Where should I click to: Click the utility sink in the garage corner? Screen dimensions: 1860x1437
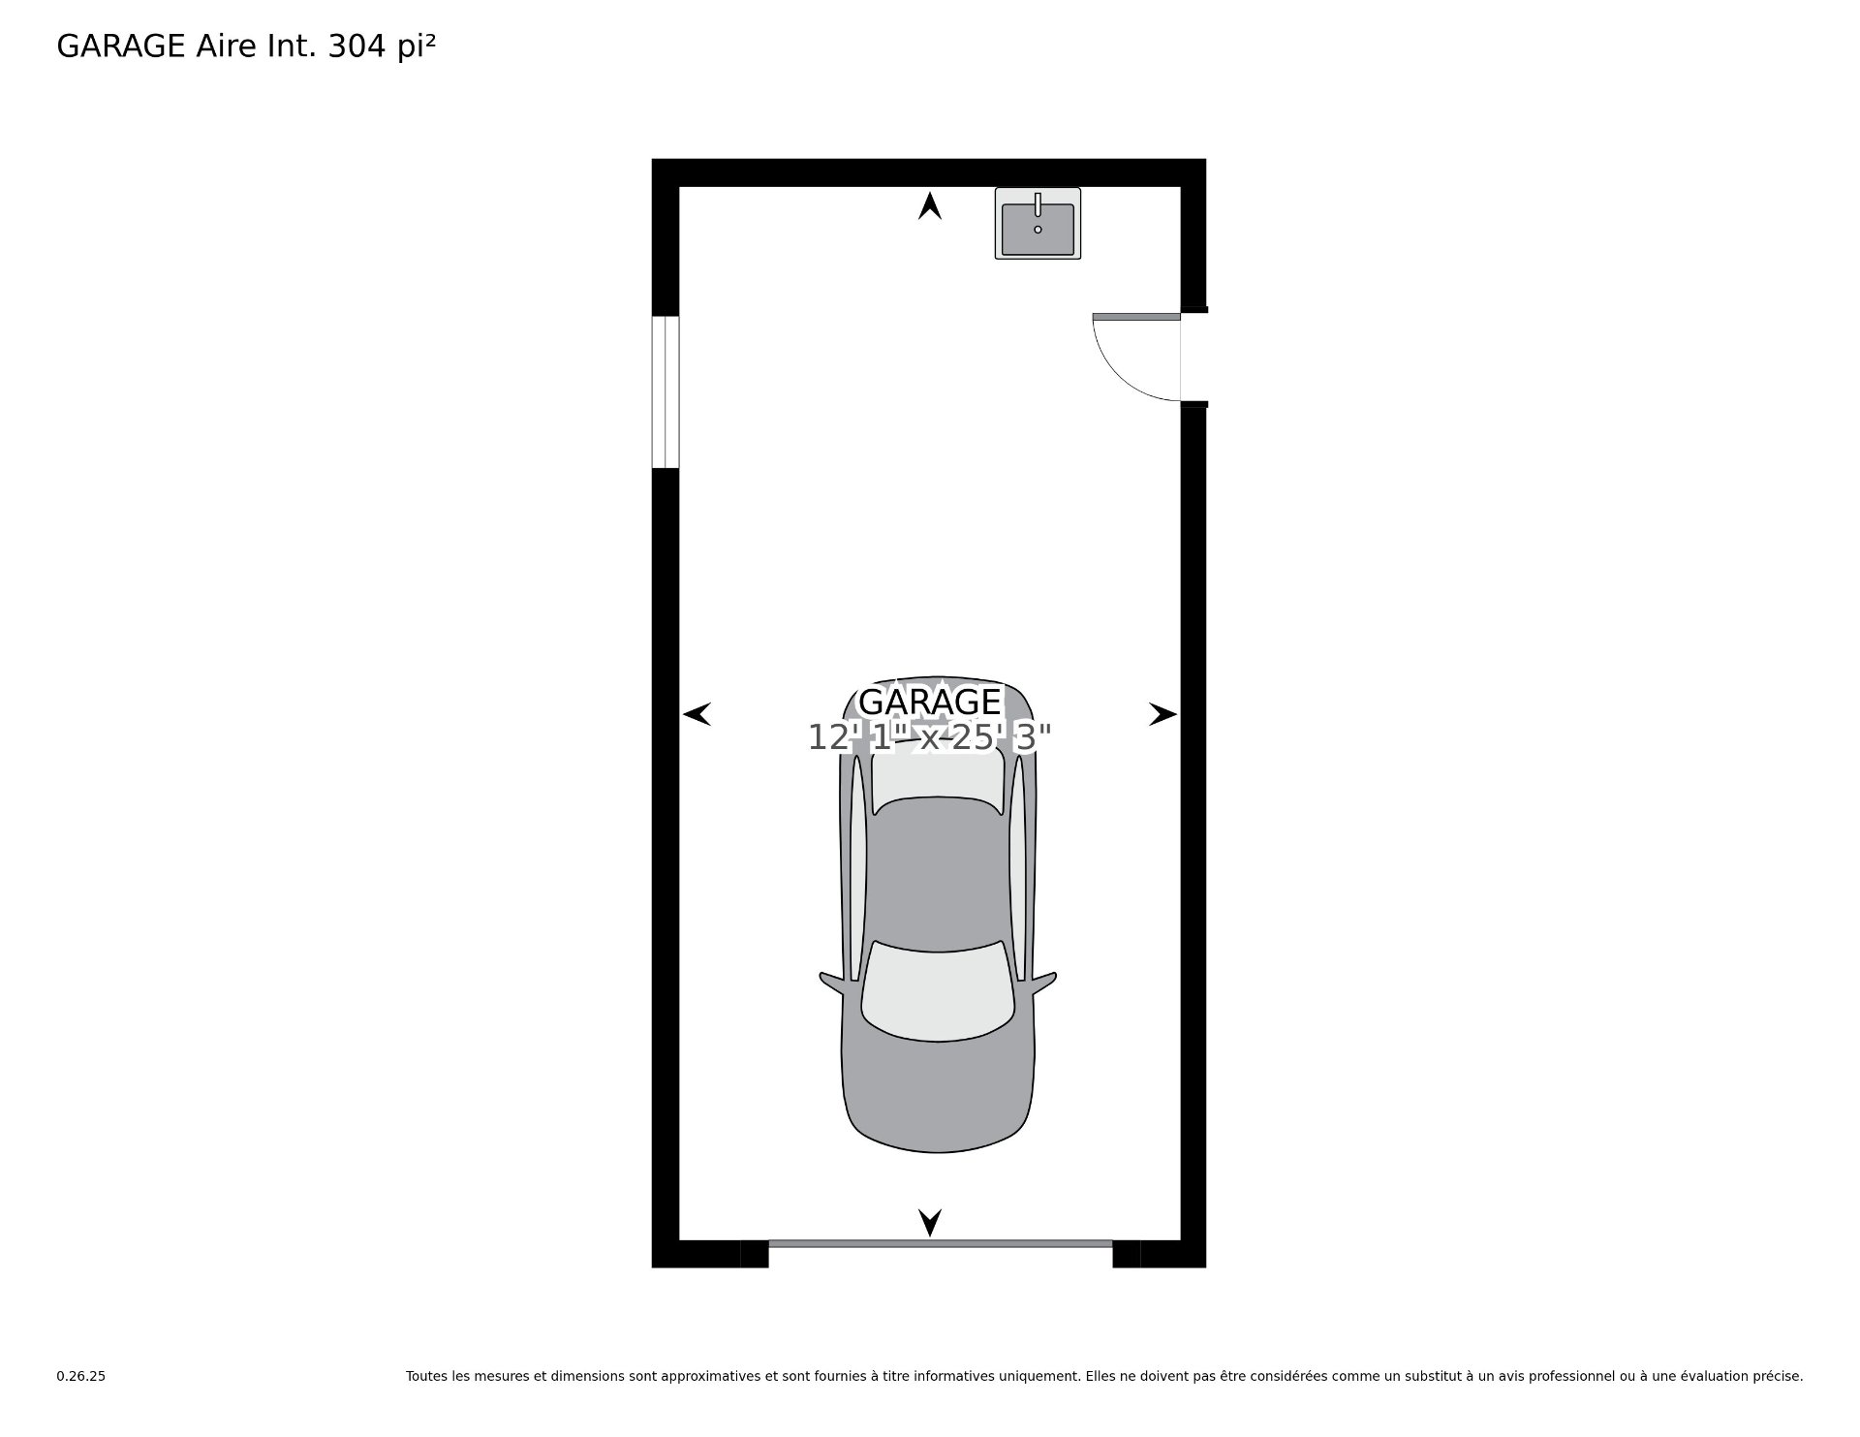coord(1038,223)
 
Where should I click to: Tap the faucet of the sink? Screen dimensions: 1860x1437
coord(1038,203)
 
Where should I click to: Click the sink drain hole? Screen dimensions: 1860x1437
coord(1038,230)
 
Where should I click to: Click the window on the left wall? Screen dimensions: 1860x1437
coord(666,391)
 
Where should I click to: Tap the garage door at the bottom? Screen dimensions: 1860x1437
coord(940,1243)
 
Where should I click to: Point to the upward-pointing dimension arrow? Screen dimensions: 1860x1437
coord(930,205)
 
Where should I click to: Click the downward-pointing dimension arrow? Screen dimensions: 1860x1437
coord(930,1223)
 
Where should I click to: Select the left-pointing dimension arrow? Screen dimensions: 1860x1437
coord(697,714)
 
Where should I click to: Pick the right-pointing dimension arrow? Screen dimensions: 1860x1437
coord(1162,714)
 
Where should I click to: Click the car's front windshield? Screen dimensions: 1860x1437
coord(938,990)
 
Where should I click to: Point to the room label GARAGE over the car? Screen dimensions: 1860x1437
coord(930,702)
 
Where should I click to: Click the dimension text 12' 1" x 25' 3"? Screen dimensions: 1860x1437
coord(930,738)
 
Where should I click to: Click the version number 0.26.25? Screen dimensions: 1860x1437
coord(81,1376)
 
